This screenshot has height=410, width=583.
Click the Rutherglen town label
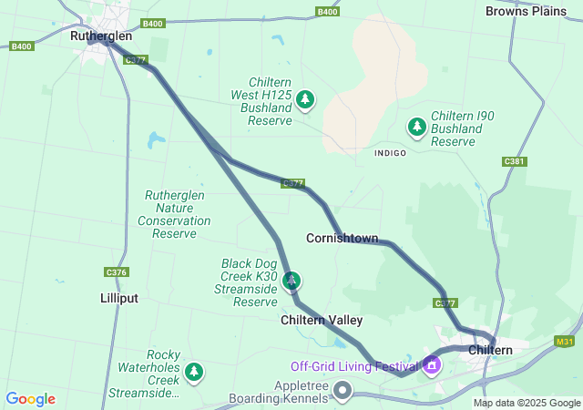click(x=101, y=36)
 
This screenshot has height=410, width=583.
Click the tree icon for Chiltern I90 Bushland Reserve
click(x=417, y=126)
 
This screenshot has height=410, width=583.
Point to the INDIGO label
click(x=390, y=153)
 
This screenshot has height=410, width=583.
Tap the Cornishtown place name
click(x=342, y=239)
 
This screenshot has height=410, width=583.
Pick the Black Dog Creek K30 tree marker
click(x=291, y=280)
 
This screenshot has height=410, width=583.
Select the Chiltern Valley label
click(x=322, y=320)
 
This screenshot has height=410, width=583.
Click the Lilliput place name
click(x=119, y=298)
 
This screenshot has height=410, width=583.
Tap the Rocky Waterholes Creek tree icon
click(x=193, y=371)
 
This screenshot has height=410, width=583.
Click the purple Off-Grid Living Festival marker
click(x=431, y=366)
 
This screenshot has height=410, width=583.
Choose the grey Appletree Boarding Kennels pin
click(x=343, y=391)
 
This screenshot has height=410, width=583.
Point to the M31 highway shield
click(x=564, y=341)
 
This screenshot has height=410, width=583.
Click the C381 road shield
click(x=515, y=161)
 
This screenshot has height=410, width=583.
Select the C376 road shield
click(x=117, y=272)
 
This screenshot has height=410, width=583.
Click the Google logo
click(x=30, y=399)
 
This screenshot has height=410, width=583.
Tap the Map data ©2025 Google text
click(x=526, y=403)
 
